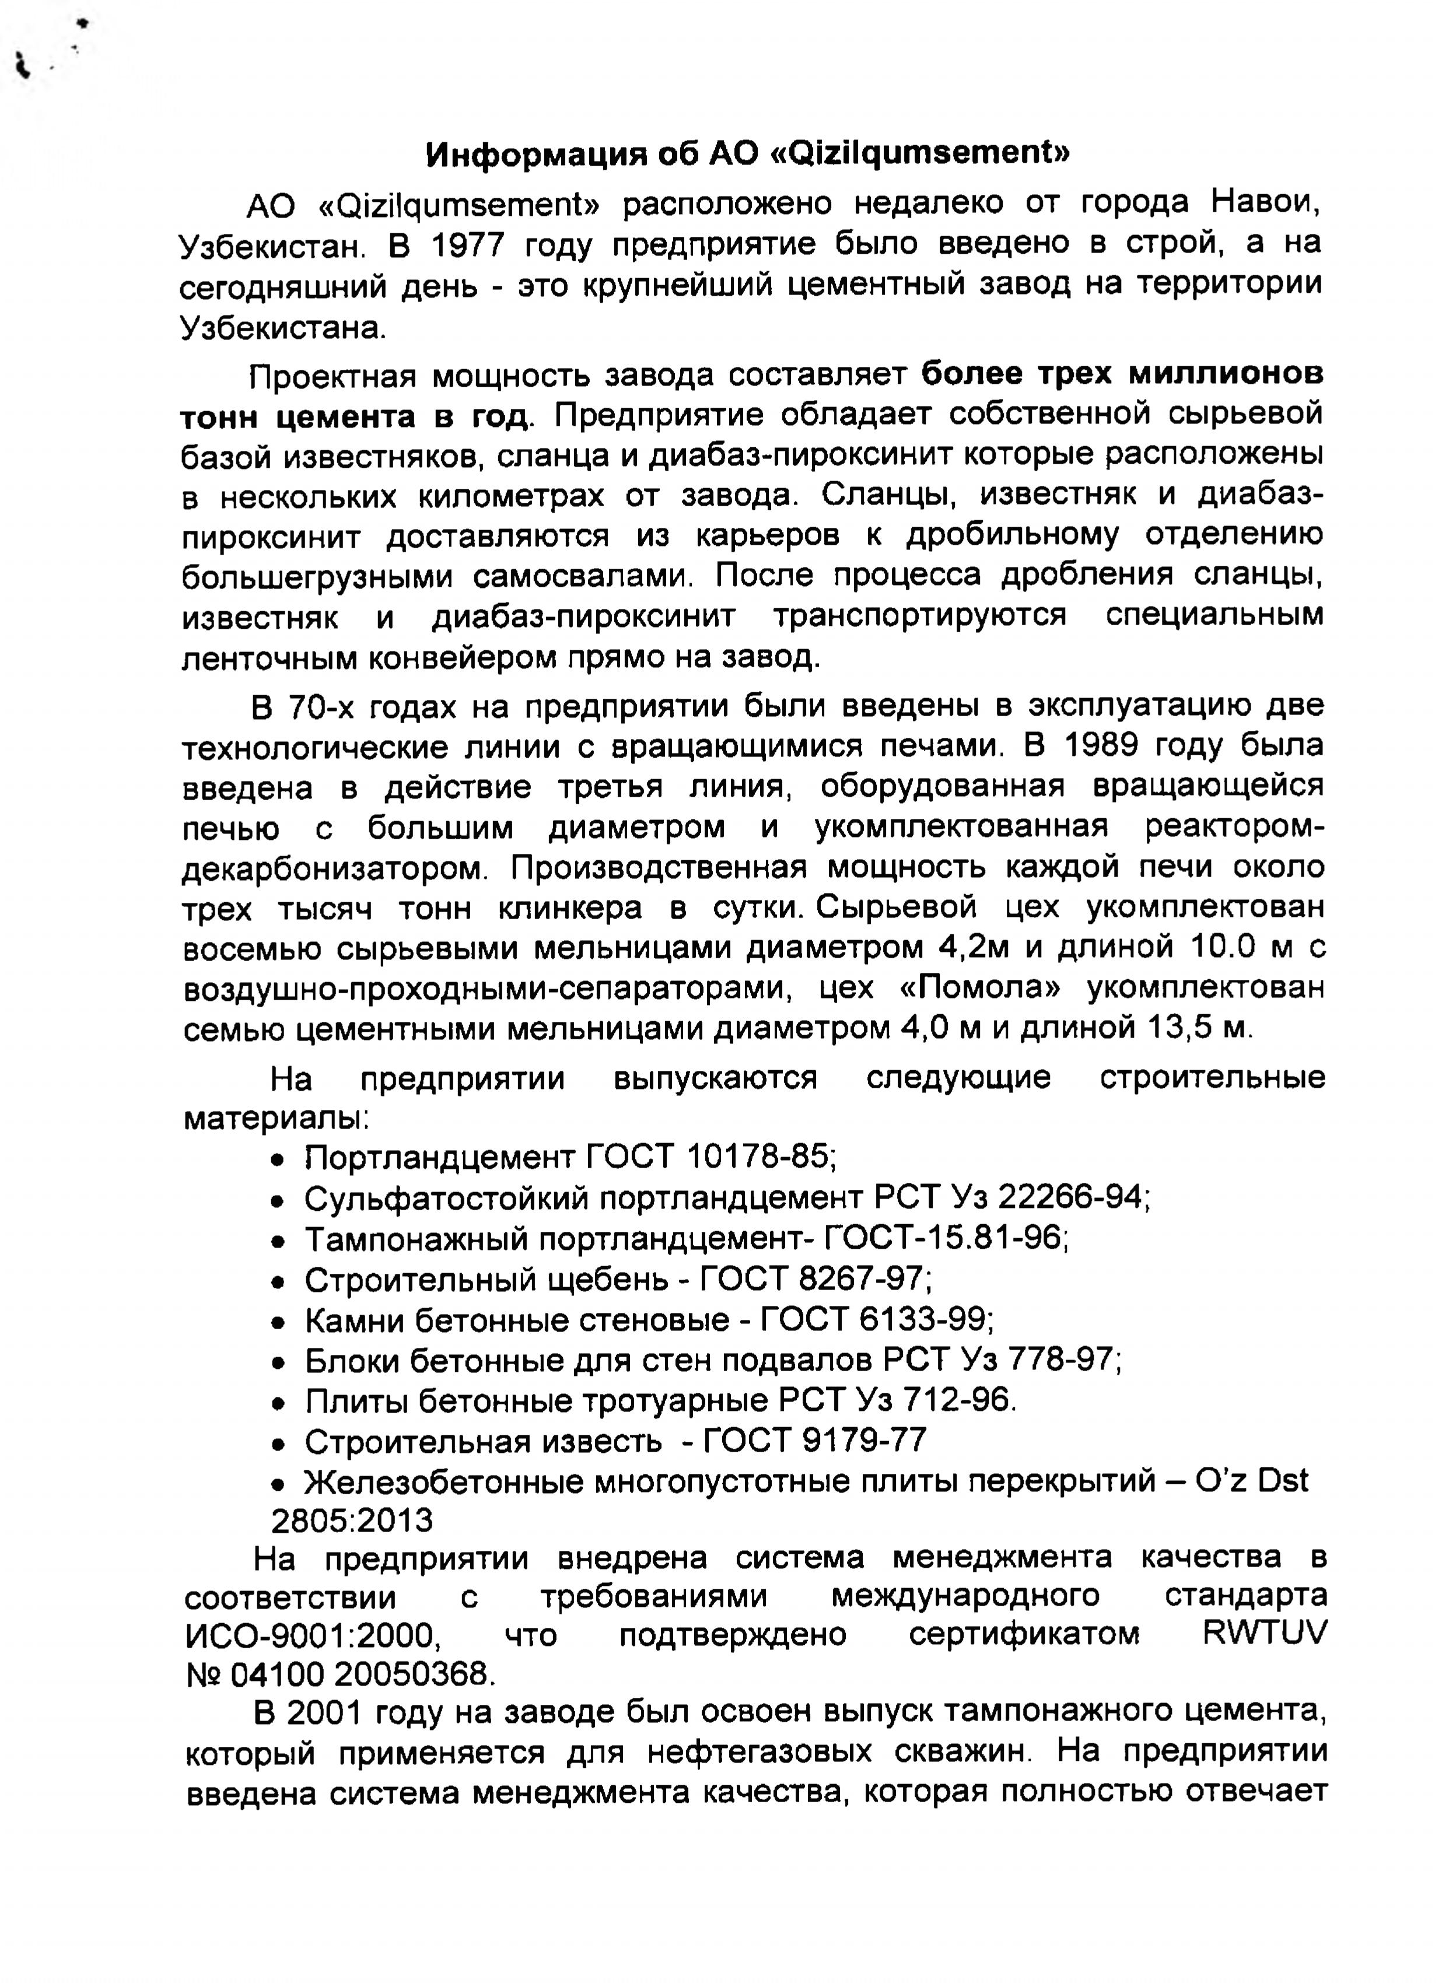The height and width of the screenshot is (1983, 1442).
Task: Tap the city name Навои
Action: tap(1265, 203)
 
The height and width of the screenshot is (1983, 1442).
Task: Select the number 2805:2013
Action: tap(352, 1522)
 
